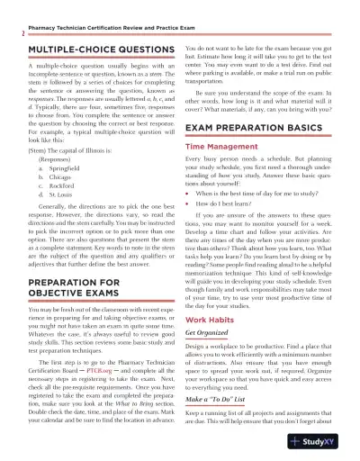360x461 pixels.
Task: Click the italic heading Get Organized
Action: (210, 358)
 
